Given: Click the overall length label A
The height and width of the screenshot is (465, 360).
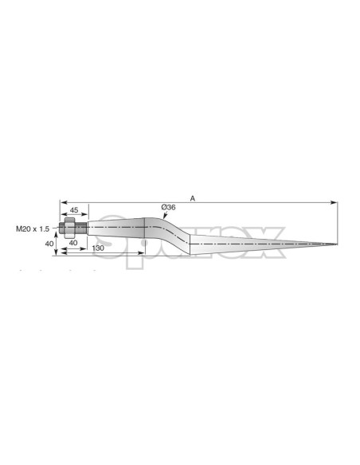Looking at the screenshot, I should pyautogui.click(x=193, y=197).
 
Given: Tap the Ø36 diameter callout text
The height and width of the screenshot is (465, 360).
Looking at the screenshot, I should pyautogui.click(x=168, y=207).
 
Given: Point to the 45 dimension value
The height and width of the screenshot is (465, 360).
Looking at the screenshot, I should pyautogui.click(x=73, y=210).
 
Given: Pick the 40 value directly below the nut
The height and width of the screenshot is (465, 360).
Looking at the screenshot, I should pyautogui.click(x=72, y=242).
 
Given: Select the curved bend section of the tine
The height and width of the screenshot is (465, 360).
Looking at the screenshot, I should pyautogui.click(x=169, y=232).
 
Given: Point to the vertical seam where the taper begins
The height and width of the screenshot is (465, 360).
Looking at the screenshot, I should pyautogui.click(x=190, y=244).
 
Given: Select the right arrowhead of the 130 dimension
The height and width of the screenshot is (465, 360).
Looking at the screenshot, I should pyautogui.click(x=143, y=253).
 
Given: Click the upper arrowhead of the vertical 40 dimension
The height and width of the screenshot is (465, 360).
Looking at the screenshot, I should pyautogui.click(x=57, y=232).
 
